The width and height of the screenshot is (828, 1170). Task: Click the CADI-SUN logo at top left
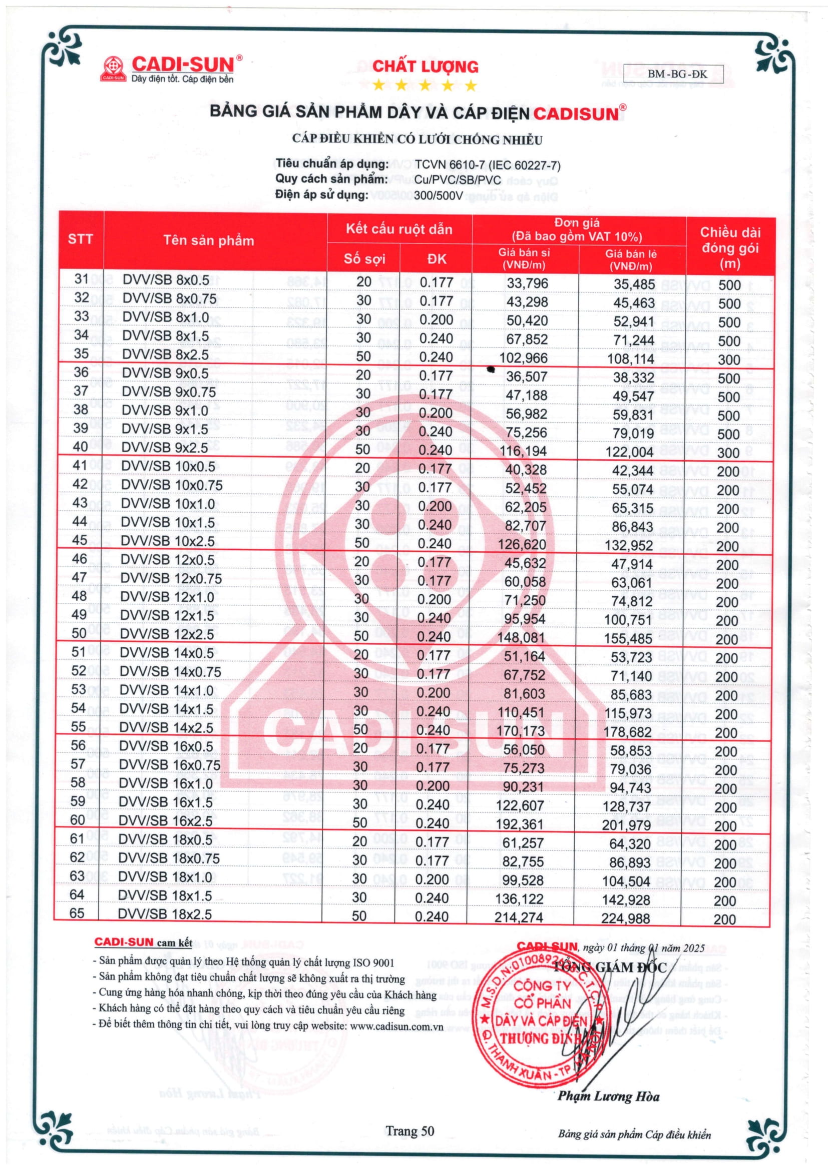(x=171, y=69)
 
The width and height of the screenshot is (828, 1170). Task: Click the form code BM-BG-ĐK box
(x=677, y=74)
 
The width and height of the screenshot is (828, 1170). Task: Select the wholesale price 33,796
(x=527, y=283)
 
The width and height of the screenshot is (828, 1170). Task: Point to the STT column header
(x=81, y=239)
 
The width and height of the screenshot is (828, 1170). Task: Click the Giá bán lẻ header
(x=631, y=260)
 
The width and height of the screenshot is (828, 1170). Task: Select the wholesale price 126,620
(x=522, y=544)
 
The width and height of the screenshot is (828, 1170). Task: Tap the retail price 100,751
(x=628, y=620)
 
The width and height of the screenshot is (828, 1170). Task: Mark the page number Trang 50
(x=410, y=1131)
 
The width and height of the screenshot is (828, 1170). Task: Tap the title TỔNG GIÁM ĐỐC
(x=610, y=967)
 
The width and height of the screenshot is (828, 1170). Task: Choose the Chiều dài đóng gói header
(x=729, y=248)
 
